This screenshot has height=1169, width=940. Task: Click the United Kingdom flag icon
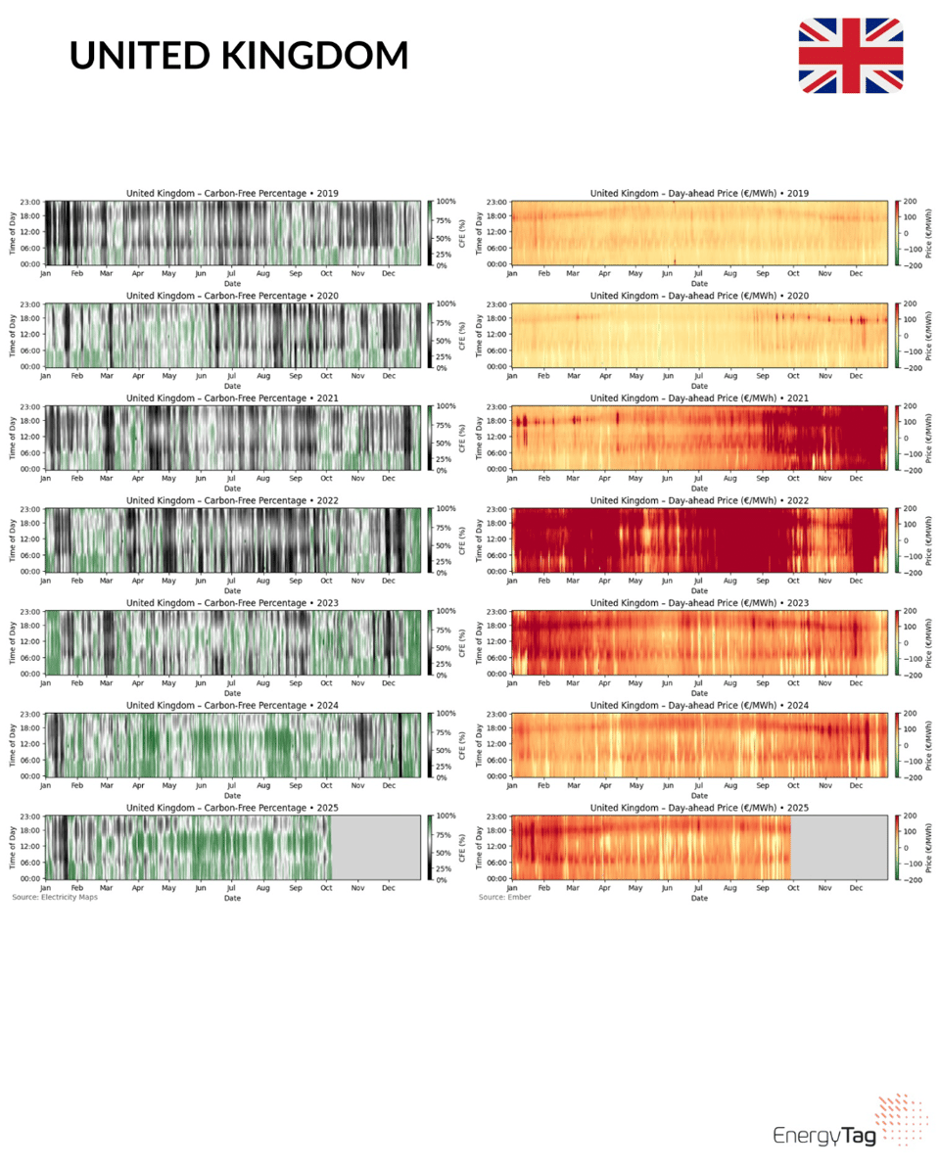[x=850, y=56]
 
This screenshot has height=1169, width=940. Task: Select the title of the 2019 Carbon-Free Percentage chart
[x=232, y=193]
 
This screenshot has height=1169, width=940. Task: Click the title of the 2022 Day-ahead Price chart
[x=699, y=500]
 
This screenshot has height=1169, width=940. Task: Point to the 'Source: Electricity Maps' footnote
[x=55, y=897]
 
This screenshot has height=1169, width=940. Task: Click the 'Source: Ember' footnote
[x=505, y=897]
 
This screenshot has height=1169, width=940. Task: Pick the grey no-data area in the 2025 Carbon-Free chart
[x=376, y=847]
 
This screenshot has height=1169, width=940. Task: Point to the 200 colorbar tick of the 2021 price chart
[x=909, y=406]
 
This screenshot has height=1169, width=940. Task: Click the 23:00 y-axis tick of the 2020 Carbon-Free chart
[x=31, y=304]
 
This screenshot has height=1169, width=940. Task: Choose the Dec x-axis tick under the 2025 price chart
[x=856, y=888]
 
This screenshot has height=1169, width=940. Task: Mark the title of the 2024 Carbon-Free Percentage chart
[x=232, y=705]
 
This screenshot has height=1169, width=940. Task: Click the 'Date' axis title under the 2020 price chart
[x=699, y=385]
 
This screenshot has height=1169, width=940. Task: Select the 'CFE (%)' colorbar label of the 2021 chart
[x=460, y=438]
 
